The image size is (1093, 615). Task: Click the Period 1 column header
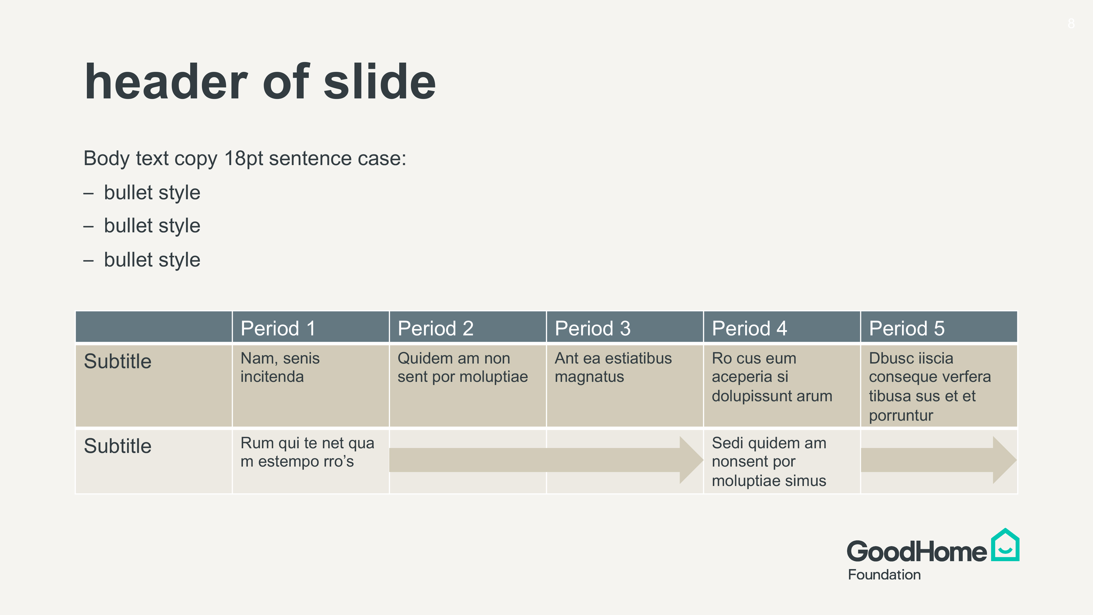[x=311, y=327]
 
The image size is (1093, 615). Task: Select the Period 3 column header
[x=625, y=327]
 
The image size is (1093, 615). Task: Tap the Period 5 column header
[x=939, y=327]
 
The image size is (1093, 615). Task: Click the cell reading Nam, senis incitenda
[x=311, y=386]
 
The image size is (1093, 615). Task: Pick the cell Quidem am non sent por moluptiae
[x=468, y=386]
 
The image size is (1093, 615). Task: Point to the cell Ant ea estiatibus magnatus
[x=625, y=386]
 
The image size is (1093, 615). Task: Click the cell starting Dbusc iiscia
[x=939, y=386]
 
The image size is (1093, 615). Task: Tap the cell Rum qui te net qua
[x=311, y=462]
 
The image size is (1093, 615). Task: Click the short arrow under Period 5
[x=939, y=460]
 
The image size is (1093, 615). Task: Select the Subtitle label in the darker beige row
[x=117, y=361]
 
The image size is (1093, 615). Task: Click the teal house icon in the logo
[x=1005, y=545]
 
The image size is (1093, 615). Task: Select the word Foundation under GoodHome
[x=884, y=575]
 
